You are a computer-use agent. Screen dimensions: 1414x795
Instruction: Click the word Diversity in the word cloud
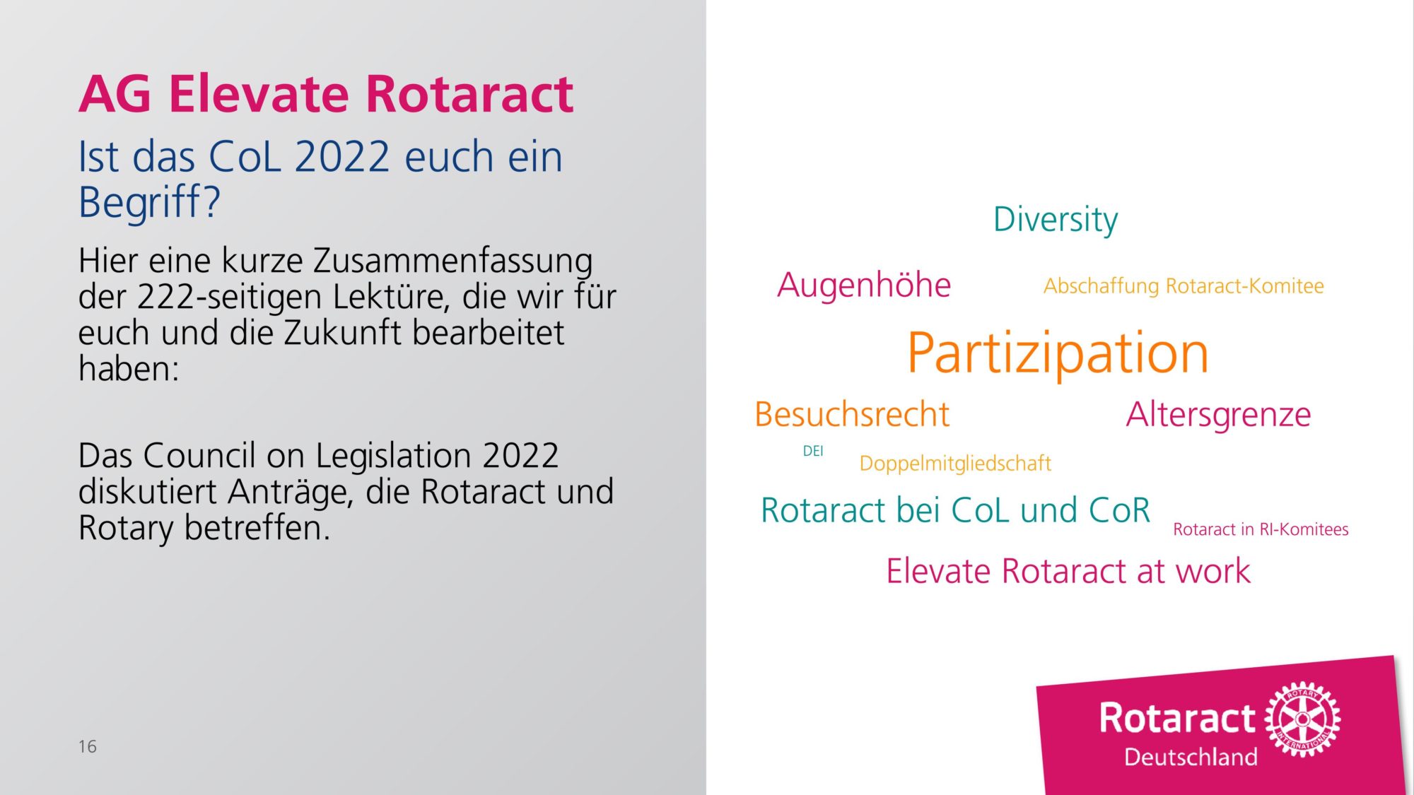1056,220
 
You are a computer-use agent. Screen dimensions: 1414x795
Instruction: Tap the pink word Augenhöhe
864,285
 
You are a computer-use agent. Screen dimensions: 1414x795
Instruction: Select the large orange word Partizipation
1058,353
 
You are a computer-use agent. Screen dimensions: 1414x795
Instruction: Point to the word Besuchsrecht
852,414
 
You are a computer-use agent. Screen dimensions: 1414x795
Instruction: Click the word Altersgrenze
1218,415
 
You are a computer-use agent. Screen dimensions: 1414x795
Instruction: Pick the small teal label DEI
813,451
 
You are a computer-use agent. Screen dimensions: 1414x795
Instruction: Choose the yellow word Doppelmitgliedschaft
955,464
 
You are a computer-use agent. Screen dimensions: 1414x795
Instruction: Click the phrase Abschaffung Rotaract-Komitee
1184,286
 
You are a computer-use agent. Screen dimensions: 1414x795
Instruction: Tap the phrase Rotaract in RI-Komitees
1261,529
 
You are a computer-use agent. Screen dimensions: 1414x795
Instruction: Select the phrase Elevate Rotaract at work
1068,571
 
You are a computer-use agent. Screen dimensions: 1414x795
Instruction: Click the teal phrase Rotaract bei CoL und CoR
955,510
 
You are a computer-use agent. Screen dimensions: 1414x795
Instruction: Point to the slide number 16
88,746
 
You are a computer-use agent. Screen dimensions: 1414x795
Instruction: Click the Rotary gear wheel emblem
1302,719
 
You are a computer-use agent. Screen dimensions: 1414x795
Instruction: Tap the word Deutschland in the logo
1191,757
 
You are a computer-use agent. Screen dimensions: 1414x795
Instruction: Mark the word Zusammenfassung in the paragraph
452,261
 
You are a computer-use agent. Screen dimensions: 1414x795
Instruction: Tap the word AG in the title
115,94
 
